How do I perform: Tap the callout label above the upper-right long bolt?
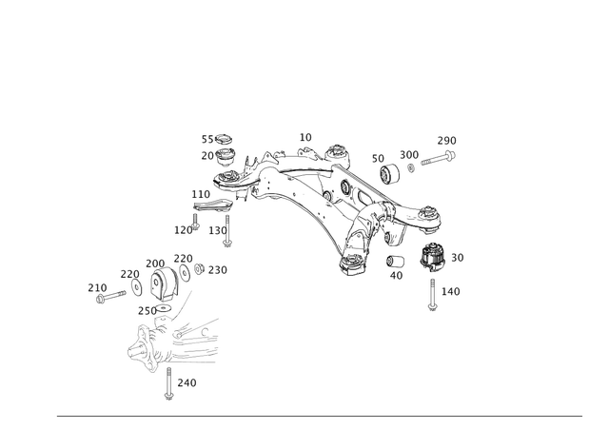448,140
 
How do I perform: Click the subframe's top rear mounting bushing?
335,153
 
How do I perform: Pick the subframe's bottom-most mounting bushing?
350,264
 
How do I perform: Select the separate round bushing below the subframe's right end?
432,257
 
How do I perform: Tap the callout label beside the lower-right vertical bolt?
451,290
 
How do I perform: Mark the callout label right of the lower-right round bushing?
458,257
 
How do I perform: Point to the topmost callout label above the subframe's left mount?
217,139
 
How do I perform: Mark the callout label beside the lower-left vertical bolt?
187,382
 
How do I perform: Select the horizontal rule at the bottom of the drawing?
319,417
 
